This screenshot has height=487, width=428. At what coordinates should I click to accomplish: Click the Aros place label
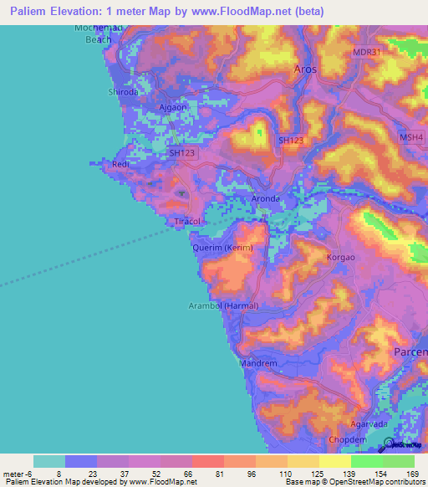305,69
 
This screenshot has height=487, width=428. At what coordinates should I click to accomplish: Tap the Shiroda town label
123,93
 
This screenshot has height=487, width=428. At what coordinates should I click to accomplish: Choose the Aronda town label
266,198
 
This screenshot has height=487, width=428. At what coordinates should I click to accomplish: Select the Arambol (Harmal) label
229,305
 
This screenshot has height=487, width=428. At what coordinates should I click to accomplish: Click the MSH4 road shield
411,137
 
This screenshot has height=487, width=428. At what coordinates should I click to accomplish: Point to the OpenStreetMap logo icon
389,443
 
